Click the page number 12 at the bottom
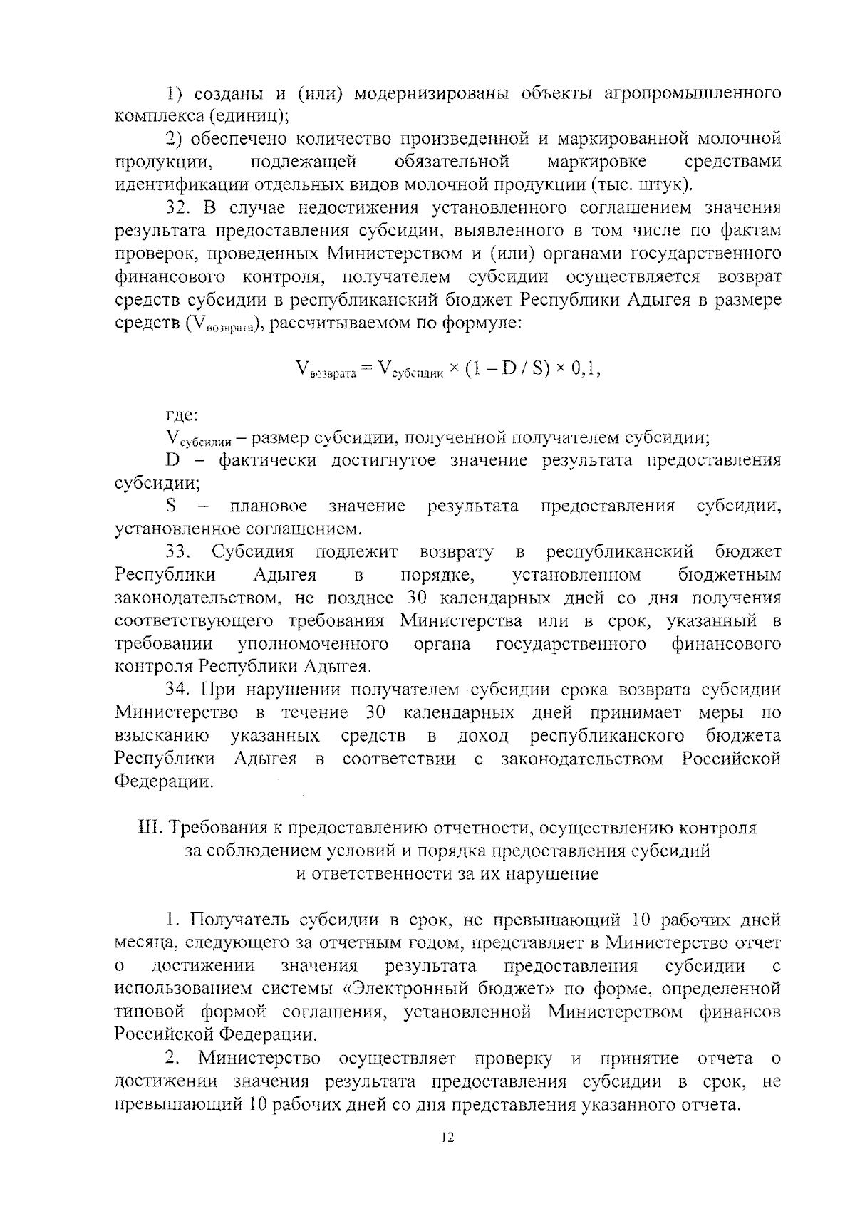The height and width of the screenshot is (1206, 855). tap(447, 1138)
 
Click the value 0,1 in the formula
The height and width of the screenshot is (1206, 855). tap(586, 369)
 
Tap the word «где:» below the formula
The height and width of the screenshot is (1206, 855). tap(182, 415)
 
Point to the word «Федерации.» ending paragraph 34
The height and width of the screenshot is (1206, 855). tap(164, 781)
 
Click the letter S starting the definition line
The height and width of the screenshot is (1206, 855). tap(171, 506)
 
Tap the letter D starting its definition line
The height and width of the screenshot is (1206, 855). tap(172, 460)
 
